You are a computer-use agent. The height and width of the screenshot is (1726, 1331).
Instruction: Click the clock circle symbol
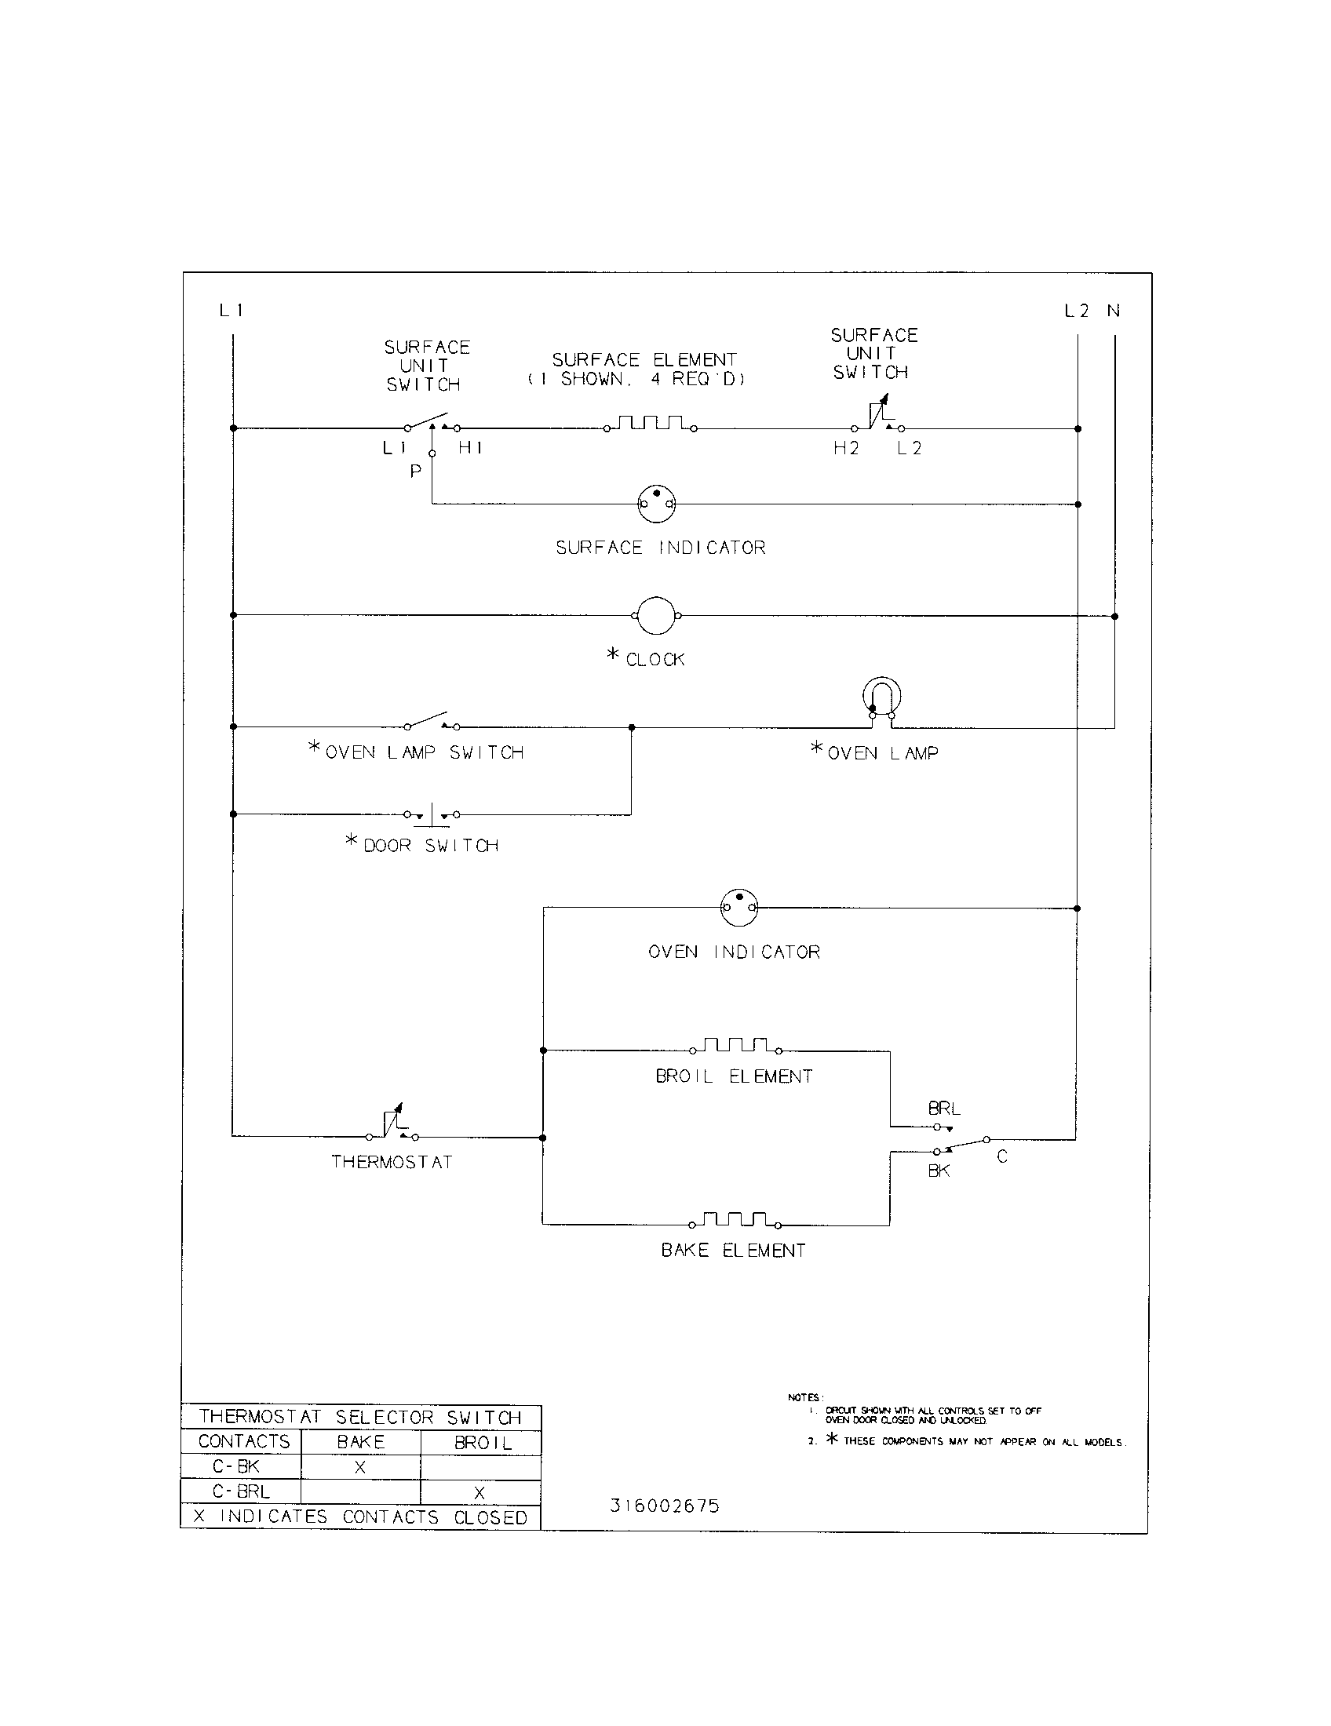(656, 615)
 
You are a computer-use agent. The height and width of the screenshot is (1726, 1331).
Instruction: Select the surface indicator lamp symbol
(657, 504)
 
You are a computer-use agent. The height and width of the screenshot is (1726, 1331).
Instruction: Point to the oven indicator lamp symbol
(739, 907)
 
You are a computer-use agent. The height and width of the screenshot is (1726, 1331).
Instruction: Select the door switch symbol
(431, 814)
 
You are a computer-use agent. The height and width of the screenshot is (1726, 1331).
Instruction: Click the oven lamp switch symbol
(432, 722)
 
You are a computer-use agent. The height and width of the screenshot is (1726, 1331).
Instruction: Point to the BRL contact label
(944, 1109)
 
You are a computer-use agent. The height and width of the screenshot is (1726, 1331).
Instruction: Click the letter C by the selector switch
(1002, 1157)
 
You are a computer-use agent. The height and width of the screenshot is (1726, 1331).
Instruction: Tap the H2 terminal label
(846, 448)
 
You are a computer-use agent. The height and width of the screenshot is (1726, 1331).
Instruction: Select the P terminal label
(416, 472)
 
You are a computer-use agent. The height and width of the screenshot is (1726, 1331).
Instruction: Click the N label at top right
(1114, 311)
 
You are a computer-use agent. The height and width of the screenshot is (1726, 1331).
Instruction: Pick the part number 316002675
(665, 1506)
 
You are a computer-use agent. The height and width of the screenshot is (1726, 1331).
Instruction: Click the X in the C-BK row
(359, 1468)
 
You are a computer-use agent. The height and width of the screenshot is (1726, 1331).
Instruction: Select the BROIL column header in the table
(483, 1442)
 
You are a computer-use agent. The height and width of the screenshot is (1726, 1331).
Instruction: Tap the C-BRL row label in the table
(241, 1491)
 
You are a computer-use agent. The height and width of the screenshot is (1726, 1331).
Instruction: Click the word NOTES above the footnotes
(805, 1398)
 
